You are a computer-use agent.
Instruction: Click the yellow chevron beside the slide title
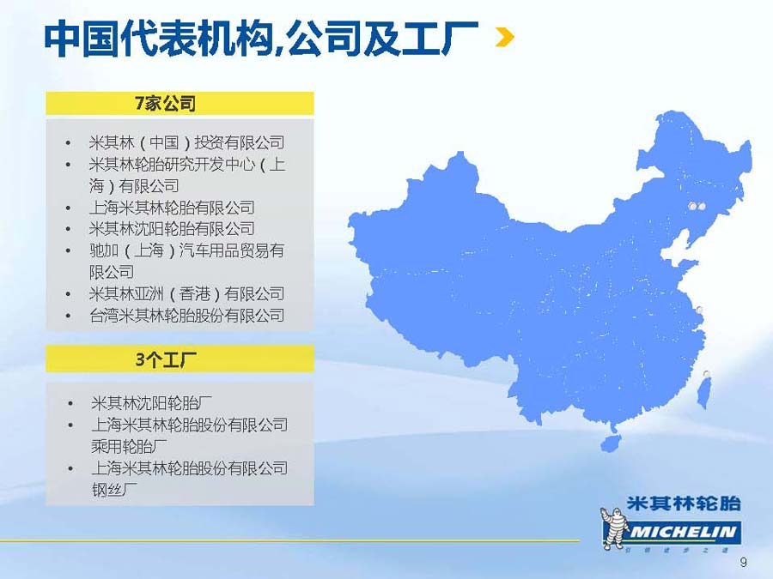pos(505,38)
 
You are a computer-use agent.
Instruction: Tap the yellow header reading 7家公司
pos(180,104)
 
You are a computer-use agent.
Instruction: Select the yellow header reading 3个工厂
pos(180,359)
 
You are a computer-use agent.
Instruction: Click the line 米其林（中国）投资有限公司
pos(186,142)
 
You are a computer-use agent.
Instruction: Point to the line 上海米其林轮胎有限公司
pos(172,208)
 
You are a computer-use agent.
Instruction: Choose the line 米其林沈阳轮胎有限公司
pos(172,229)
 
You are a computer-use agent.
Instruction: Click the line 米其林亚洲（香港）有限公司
pos(186,294)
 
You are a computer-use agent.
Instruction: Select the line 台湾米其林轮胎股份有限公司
pos(186,316)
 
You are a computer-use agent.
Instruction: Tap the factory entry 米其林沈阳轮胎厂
pos(151,403)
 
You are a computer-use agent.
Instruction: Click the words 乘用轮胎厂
pos(129,447)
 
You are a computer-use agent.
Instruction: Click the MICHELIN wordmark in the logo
pos(683,532)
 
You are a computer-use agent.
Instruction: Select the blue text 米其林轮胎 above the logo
pos(684,504)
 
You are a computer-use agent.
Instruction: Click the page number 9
pos(744,562)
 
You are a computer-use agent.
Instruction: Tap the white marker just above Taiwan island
pos(707,374)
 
